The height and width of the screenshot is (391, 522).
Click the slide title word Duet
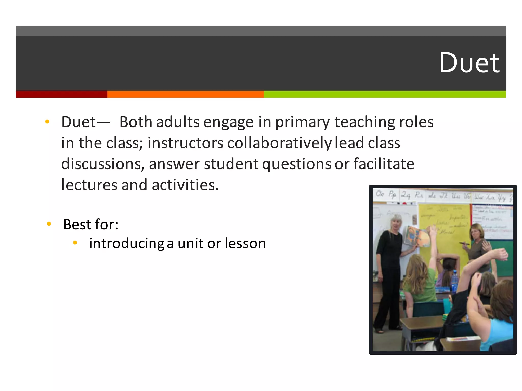(x=469, y=63)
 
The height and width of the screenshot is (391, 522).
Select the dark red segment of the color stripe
(x=61, y=94)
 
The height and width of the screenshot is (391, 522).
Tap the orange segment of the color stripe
(x=185, y=94)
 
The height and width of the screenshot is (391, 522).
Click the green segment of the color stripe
(x=385, y=94)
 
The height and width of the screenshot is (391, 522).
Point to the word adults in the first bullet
(x=178, y=122)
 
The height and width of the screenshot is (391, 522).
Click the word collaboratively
(x=279, y=143)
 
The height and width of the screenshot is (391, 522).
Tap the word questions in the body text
(x=297, y=164)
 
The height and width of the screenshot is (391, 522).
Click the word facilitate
(x=384, y=164)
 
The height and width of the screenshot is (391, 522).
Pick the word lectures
(x=89, y=185)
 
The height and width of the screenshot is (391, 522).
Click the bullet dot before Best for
(x=49, y=224)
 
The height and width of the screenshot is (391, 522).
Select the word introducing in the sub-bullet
(x=127, y=244)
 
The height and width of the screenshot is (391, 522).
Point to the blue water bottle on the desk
(x=454, y=281)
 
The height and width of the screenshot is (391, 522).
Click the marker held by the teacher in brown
(x=464, y=244)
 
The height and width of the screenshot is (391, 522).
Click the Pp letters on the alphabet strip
(x=392, y=195)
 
